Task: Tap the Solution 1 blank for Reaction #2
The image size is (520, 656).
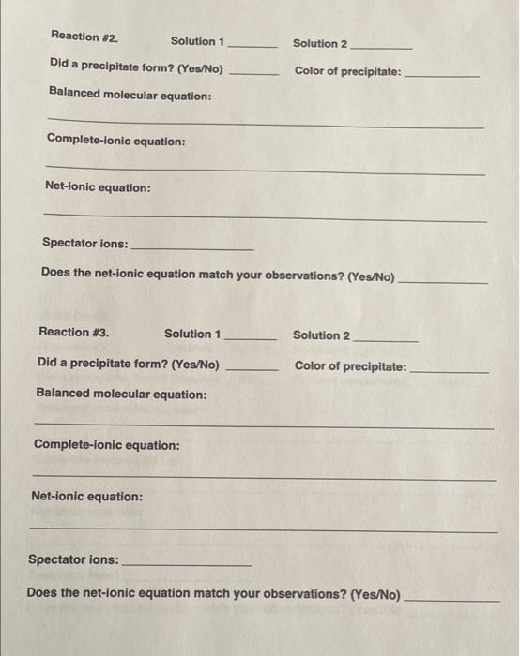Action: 252,44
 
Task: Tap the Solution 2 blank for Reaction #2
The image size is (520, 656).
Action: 380,46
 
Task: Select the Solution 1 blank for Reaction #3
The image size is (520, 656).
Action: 250,337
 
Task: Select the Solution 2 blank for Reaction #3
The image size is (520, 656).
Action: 385,338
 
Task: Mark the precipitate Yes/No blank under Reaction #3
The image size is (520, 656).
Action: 252,368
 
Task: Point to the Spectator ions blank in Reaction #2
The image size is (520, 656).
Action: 192,247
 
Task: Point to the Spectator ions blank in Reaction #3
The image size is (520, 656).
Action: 187,564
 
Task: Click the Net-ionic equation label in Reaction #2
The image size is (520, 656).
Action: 98,187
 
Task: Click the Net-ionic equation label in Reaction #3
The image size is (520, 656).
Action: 87,496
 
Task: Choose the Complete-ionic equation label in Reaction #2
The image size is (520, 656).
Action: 115,142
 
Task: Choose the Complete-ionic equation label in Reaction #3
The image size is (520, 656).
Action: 106,445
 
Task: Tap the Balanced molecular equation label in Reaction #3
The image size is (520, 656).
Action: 121,395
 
